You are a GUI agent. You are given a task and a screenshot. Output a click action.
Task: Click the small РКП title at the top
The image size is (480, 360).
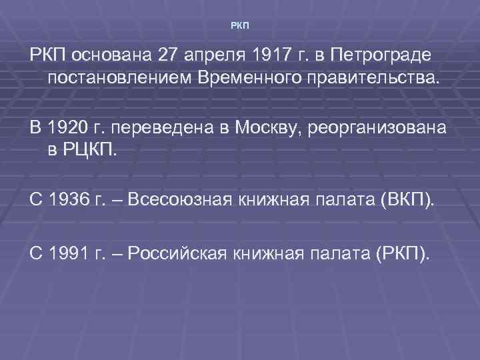pyautogui.click(x=240, y=26)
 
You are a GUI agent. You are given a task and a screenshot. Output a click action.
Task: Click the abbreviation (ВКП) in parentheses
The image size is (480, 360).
pyautogui.click(x=405, y=198)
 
